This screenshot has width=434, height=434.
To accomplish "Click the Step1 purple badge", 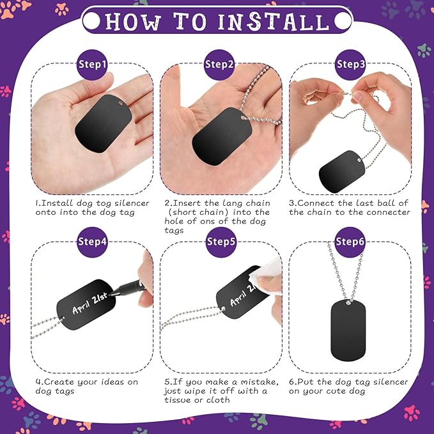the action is pos(92,65).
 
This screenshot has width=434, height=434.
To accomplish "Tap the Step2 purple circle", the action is pos(219,65).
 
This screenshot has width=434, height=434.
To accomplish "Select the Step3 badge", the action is pos(350,65).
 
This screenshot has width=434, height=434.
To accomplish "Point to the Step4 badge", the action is pos(92,242).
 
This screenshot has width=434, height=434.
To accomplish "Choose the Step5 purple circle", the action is pos(221,242).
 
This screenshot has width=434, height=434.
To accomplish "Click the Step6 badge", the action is pos(350,242).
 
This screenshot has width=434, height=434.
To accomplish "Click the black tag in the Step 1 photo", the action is pos(104,123).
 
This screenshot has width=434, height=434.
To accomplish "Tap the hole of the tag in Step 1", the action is pos(121,104).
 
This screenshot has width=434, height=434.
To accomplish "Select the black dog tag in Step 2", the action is pos(222,136).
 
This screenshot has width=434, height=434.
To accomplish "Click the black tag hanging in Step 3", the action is pos(342,171).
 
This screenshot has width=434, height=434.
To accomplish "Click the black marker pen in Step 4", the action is pos(128,288).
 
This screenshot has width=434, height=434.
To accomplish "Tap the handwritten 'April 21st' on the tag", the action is pos(89,303).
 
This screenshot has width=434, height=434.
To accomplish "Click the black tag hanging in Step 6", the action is pos(348,330).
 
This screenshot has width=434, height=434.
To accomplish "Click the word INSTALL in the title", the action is pos(274,21).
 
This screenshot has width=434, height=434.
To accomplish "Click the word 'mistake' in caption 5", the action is pos(260,382).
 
